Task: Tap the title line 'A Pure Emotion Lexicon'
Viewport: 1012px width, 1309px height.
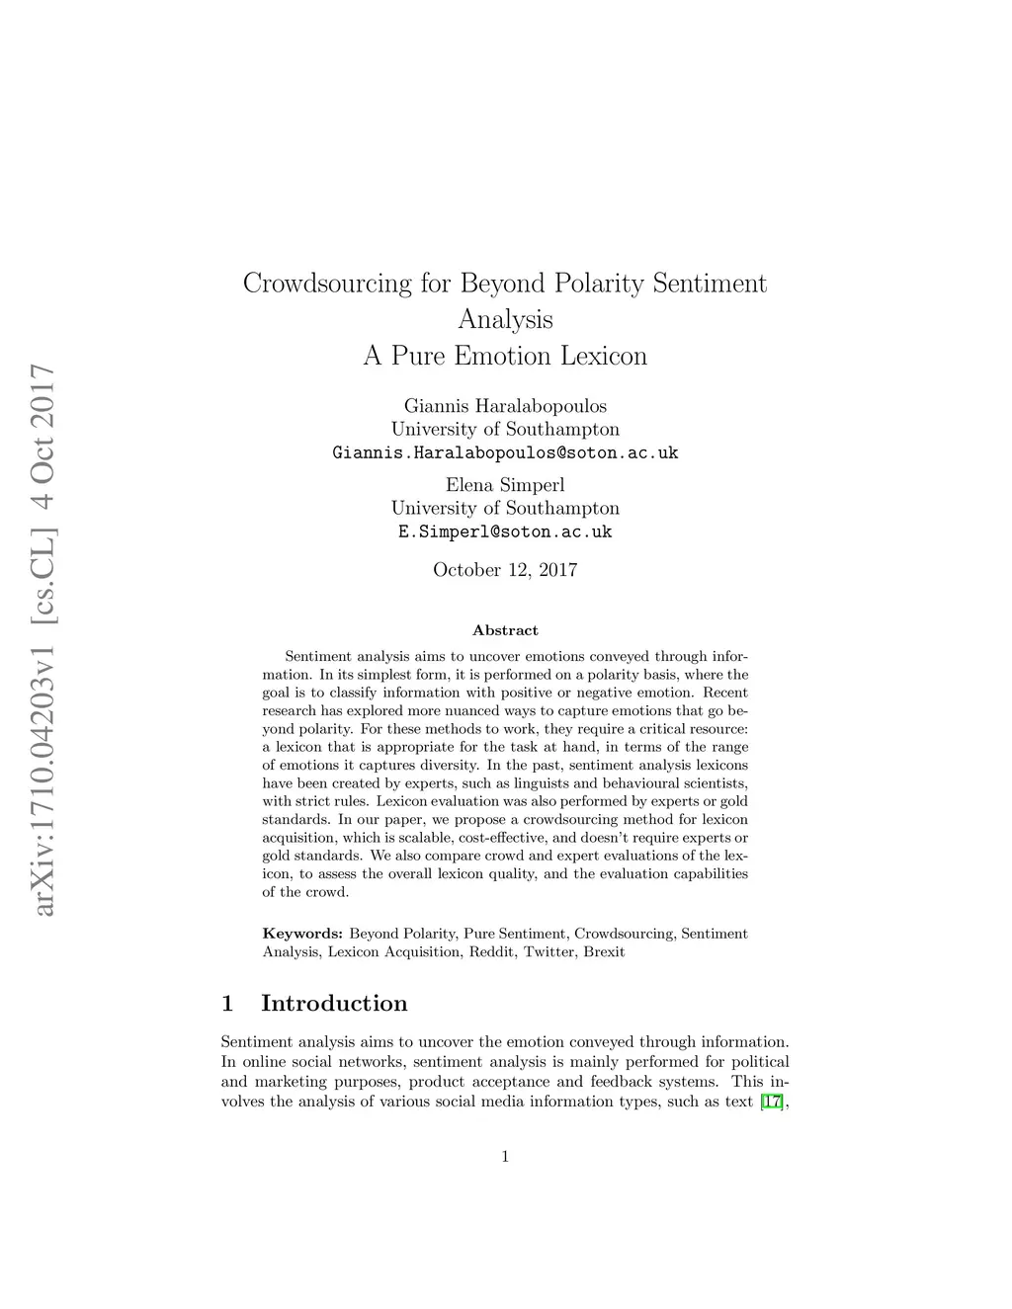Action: pyautogui.click(x=505, y=356)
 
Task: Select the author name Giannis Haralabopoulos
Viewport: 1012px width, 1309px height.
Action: pyautogui.click(x=505, y=406)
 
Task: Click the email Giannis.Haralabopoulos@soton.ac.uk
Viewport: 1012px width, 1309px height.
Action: pyautogui.click(x=505, y=453)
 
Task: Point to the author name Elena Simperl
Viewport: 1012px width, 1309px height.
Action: pyautogui.click(x=505, y=485)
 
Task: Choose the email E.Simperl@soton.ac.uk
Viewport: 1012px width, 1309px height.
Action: pyautogui.click(x=505, y=532)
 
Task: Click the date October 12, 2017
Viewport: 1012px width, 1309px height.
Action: pyautogui.click(x=505, y=570)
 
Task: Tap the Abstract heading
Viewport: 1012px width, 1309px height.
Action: pyautogui.click(x=505, y=630)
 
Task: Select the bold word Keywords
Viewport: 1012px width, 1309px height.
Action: pyautogui.click(x=302, y=934)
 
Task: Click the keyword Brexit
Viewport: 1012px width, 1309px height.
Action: pyautogui.click(x=604, y=952)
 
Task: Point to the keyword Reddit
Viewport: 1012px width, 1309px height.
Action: pyautogui.click(x=492, y=952)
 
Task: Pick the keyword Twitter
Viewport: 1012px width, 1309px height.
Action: pyautogui.click(x=549, y=952)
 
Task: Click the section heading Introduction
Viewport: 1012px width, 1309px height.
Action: pyautogui.click(x=334, y=1004)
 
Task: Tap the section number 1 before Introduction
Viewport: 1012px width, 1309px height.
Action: pyautogui.click(x=227, y=1004)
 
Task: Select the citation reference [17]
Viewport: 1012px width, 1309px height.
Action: pyautogui.click(x=773, y=1102)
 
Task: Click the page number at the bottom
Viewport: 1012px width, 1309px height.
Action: pyautogui.click(x=505, y=1157)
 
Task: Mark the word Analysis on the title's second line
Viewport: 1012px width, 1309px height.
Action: pyautogui.click(x=505, y=320)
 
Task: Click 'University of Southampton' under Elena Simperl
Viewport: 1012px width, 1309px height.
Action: pyautogui.click(x=505, y=509)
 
